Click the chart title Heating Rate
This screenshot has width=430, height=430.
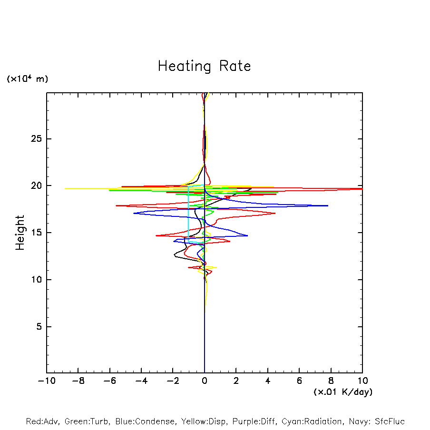[x=204, y=66]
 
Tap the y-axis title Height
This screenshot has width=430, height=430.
[x=20, y=233]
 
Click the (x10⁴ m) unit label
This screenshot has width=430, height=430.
[x=27, y=79]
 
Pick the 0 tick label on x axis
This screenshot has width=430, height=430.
[x=205, y=381]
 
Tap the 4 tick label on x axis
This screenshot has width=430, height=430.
[x=268, y=381]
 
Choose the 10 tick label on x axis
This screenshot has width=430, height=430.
[x=362, y=381]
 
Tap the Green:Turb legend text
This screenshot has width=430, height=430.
[x=88, y=421]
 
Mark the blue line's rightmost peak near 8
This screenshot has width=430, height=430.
[x=328, y=205]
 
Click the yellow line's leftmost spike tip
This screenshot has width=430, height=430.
[x=65, y=188]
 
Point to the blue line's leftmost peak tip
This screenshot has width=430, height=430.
[x=134, y=213]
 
